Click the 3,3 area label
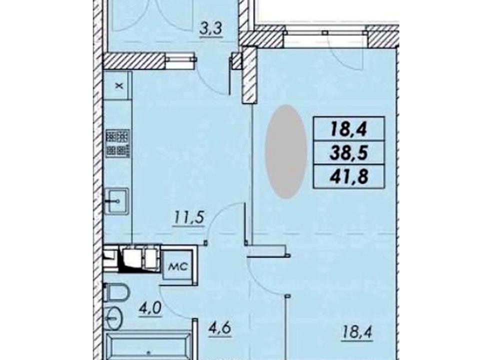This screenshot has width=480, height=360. pyautogui.click(x=210, y=31)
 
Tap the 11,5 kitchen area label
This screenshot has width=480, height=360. pyautogui.click(x=189, y=218)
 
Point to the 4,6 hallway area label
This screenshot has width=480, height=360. pyautogui.click(x=219, y=329)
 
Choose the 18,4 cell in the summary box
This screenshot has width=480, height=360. pyautogui.click(x=348, y=129)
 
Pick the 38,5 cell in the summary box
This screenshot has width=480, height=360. pyautogui.click(x=348, y=152)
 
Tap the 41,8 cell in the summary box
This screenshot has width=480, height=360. pyautogui.click(x=348, y=176)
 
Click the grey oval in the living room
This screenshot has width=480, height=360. pyautogui.click(x=285, y=151)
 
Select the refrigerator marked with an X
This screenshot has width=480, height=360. pyautogui.click(x=118, y=85)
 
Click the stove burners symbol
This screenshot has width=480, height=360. pyautogui.click(x=118, y=143)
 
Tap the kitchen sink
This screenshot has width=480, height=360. pyautogui.click(x=116, y=201)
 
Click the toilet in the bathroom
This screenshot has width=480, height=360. pyautogui.click(x=117, y=292)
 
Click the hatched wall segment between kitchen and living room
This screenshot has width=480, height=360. pyautogui.click(x=249, y=75)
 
